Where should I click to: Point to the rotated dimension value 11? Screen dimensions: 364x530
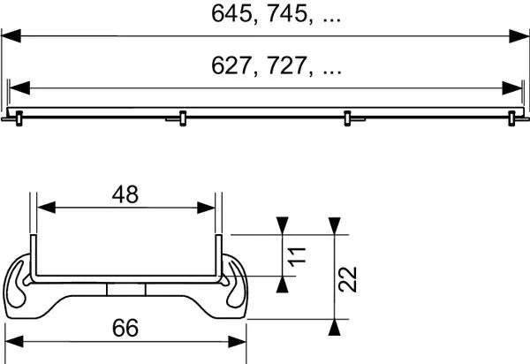pyautogui.click(x=298, y=257)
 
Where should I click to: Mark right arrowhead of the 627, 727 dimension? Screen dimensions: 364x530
pyautogui.click(x=512, y=88)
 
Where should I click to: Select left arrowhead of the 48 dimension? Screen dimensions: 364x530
pyautogui.click(x=43, y=209)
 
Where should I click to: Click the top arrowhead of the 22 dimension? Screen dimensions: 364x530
pyautogui.click(x=334, y=226)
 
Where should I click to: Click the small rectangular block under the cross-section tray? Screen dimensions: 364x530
pyautogui.click(x=125, y=291)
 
